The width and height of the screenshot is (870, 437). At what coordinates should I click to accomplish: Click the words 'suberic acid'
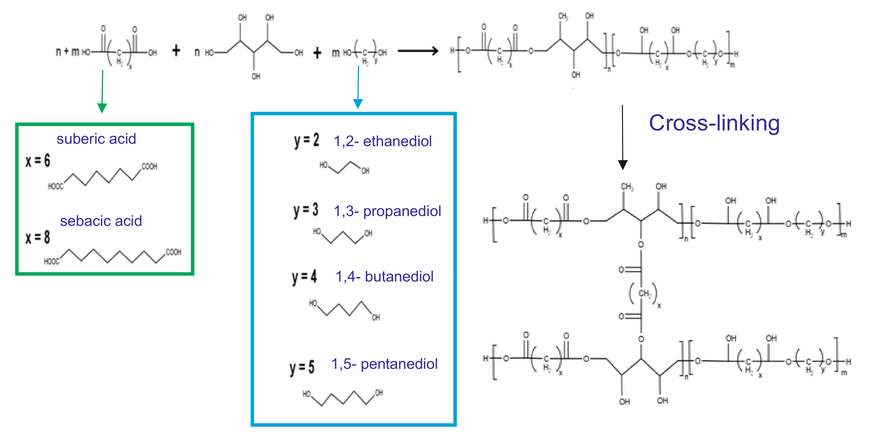96,139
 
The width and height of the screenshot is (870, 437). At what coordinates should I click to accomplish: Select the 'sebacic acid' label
101,221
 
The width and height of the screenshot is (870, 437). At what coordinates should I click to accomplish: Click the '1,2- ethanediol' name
383,141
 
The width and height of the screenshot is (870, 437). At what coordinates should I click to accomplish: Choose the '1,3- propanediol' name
387,211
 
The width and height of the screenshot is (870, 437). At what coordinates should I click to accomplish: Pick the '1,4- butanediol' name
384,277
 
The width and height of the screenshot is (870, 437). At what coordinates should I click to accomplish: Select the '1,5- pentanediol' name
384,364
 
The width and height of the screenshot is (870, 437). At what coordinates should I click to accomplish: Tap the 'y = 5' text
302,367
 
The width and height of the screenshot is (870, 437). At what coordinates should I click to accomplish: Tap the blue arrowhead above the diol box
358,103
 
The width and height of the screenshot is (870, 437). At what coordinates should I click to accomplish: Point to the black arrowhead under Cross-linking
622,164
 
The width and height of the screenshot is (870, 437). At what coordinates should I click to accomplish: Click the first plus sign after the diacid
176,51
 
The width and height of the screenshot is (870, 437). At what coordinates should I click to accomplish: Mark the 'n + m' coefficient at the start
68,51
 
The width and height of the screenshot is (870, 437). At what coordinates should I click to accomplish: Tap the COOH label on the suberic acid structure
149,167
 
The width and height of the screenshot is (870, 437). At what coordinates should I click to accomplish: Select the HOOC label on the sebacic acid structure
52,261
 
